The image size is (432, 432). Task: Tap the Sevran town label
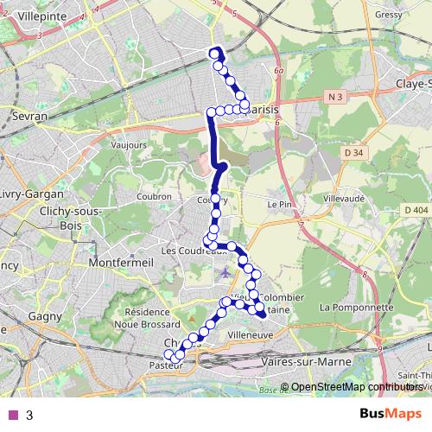29,114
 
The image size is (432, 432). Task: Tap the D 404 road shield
416,210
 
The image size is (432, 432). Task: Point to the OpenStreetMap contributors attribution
356,387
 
